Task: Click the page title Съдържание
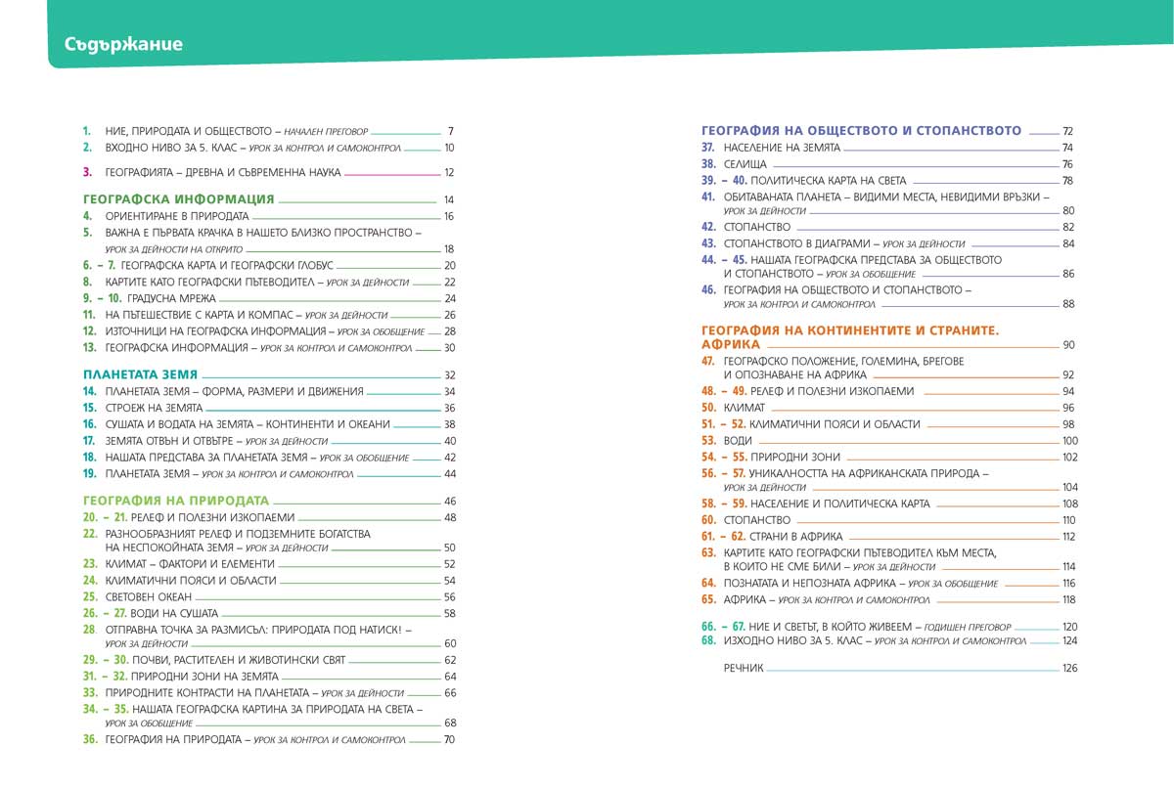click(123, 44)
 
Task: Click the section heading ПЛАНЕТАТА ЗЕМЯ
click(140, 374)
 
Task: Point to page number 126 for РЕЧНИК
click(1068, 669)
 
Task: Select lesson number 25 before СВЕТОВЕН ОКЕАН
click(90, 596)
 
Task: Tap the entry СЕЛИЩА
click(745, 164)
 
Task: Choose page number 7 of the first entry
click(450, 131)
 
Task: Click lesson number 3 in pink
click(87, 172)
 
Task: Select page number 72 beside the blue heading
click(1067, 131)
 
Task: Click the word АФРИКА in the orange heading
click(731, 345)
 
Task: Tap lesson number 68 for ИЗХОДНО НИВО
click(708, 641)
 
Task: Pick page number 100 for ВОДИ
click(1068, 441)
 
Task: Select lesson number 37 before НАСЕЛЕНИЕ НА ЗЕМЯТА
click(709, 148)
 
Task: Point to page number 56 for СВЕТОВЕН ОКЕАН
click(450, 596)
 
